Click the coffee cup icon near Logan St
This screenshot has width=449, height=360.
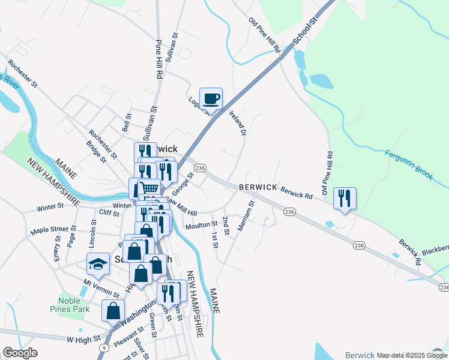coord(211,98)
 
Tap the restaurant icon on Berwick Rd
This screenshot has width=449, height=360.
coord(344,199)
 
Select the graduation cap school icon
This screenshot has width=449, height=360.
coord(98,264)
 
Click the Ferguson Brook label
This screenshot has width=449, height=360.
coord(409,164)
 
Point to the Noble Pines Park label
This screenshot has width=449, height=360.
coord(74,305)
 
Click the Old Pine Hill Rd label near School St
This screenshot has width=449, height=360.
coord(265,35)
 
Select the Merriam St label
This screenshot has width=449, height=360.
coord(246,215)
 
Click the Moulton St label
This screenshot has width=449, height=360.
coord(202,224)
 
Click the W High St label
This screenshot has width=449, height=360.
coord(84,340)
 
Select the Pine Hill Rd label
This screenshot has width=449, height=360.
coord(160,60)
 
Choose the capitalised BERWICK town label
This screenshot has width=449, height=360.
coord(258,187)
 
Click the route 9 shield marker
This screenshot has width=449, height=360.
coord(104,347)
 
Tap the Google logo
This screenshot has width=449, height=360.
coord(20,353)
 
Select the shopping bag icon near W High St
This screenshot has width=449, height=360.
coord(113,311)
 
